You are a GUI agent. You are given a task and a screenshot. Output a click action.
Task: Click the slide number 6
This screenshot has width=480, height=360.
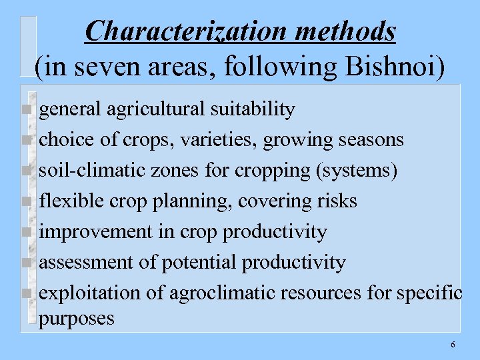(453, 345)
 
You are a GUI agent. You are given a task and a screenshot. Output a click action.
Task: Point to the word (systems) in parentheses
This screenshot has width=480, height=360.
(357, 171)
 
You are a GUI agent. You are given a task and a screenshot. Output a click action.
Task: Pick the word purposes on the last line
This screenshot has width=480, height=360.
(77, 319)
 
